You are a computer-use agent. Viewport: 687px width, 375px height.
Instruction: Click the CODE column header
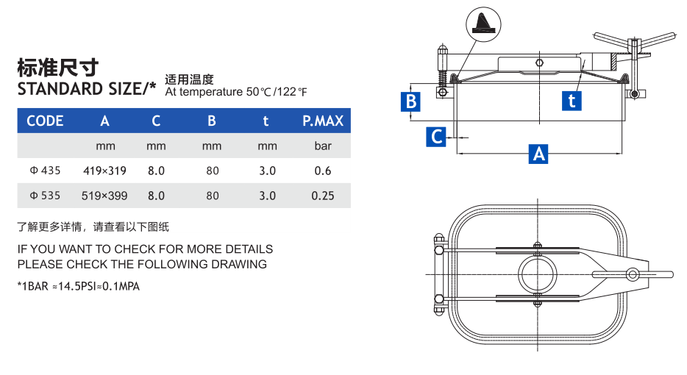click(45, 121)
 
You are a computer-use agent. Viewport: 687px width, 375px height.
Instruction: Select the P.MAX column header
click(323, 121)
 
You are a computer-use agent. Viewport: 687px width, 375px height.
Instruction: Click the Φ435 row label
click(45, 171)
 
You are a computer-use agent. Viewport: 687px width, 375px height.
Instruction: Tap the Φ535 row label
click(45, 196)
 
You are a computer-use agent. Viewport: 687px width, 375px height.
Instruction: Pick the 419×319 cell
click(105, 171)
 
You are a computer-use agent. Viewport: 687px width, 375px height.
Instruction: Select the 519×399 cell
click(105, 196)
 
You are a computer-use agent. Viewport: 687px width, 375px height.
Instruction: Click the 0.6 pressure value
click(322, 171)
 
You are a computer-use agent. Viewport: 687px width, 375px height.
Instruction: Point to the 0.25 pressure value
click(322, 196)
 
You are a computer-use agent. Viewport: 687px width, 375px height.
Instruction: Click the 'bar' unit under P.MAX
click(323, 146)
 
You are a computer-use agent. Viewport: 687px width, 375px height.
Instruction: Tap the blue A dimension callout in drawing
click(539, 154)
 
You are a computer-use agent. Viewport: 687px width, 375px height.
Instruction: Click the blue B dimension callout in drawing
click(411, 101)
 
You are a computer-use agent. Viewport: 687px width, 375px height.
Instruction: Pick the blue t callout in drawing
click(572, 100)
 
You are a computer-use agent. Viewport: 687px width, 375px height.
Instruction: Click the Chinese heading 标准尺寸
click(57, 68)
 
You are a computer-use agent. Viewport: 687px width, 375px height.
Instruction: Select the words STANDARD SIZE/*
click(87, 89)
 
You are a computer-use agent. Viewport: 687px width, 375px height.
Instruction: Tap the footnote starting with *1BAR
click(78, 286)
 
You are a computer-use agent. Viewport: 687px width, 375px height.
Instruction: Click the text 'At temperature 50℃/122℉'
click(235, 92)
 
